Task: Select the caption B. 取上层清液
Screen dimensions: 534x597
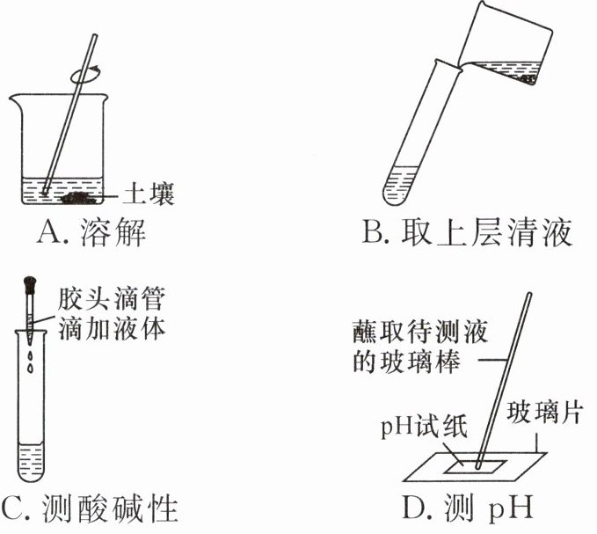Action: pyautogui.click(x=467, y=232)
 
